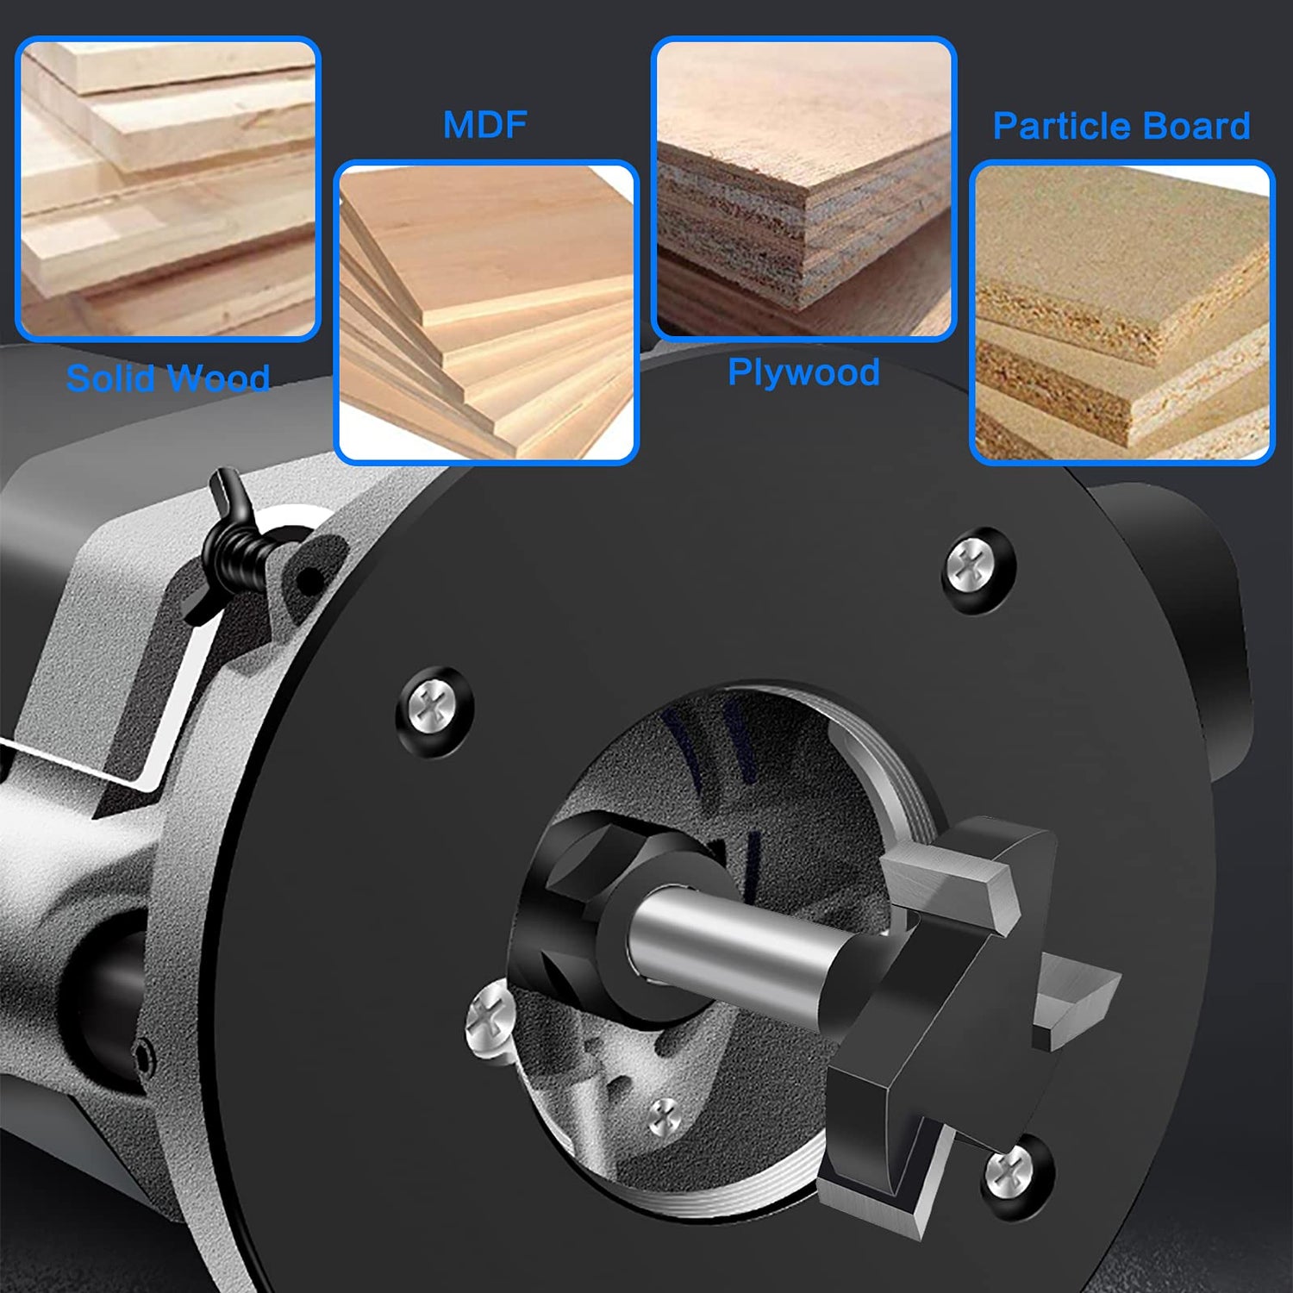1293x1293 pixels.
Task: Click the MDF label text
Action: (x=484, y=125)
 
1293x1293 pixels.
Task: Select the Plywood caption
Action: (x=803, y=372)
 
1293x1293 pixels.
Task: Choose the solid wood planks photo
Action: (x=168, y=189)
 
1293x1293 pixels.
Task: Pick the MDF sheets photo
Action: (x=486, y=312)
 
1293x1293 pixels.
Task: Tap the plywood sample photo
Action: (x=803, y=189)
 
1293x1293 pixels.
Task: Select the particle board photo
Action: (x=1121, y=312)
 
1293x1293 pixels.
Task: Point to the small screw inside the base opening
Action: (x=665, y=1118)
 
